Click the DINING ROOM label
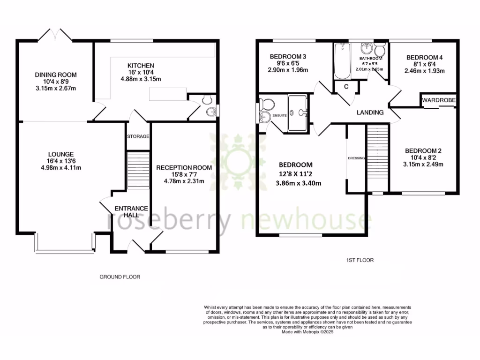56,75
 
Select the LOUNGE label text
61,154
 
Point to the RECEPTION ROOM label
184,167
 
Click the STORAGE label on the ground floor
138,136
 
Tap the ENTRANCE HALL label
133,211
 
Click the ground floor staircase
138,170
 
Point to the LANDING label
370,112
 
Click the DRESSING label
356,158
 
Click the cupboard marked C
346,86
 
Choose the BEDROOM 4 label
424,57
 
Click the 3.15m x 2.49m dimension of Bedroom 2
424,164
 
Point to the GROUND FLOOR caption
120,277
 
